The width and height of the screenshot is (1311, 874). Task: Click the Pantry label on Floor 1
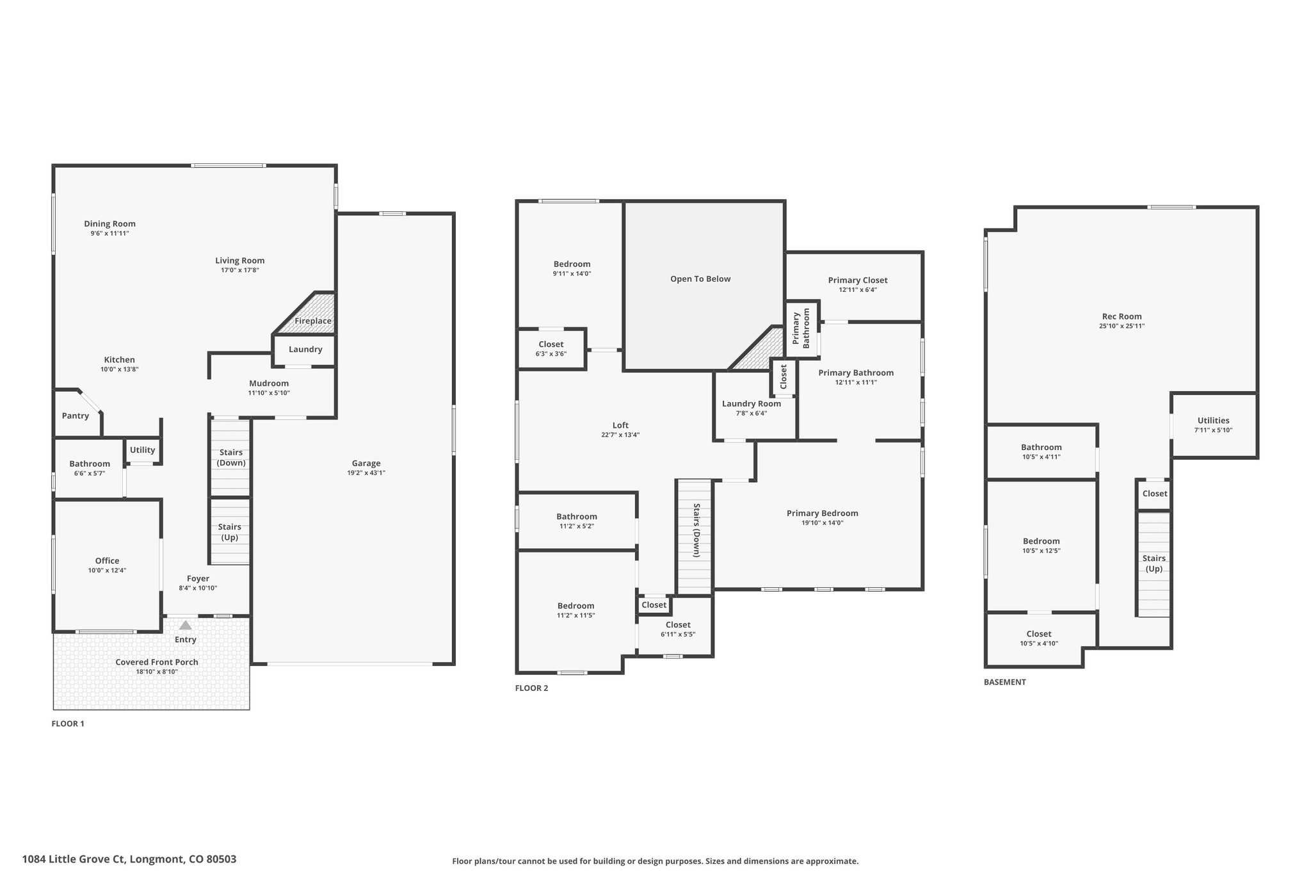pos(76,416)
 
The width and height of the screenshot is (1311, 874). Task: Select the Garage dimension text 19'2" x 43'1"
pos(366,473)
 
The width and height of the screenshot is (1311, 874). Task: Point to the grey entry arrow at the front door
pos(185,625)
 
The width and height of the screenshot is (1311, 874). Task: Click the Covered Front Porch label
pos(157,662)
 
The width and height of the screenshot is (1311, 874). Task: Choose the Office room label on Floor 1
pos(108,561)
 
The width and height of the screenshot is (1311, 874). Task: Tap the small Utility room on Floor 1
pos(143,450)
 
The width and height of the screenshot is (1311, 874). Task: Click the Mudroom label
pos(269,384)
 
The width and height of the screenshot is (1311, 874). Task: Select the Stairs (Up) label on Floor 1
pos(230,532)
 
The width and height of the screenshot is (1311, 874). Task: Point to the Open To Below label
pos(700,279)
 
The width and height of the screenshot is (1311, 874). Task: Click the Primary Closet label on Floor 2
pos(858,280)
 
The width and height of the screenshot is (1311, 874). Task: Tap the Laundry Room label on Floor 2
pos(752,404)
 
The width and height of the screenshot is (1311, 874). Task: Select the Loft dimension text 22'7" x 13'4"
pos(620,435)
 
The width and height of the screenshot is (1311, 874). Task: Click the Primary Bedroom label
pos(823,514)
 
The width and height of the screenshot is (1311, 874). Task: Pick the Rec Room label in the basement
pos(1122,316)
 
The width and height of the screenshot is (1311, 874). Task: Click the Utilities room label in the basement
pos(1213,421)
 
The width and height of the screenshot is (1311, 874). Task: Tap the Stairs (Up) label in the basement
pos(1154,563)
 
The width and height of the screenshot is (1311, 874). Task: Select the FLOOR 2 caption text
pos(532,688)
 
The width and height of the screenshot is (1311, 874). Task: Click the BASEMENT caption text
pos(1005,682)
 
